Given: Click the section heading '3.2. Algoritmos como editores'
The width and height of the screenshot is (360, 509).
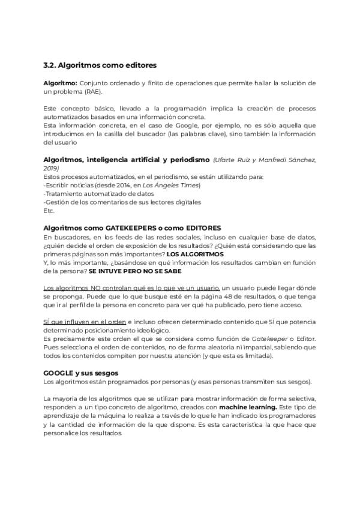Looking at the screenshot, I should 100,64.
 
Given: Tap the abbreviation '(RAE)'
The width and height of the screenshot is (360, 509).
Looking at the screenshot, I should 92,92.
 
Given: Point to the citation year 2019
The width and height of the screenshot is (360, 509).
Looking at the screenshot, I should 52,170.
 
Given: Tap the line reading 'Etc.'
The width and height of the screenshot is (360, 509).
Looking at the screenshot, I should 49,211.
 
